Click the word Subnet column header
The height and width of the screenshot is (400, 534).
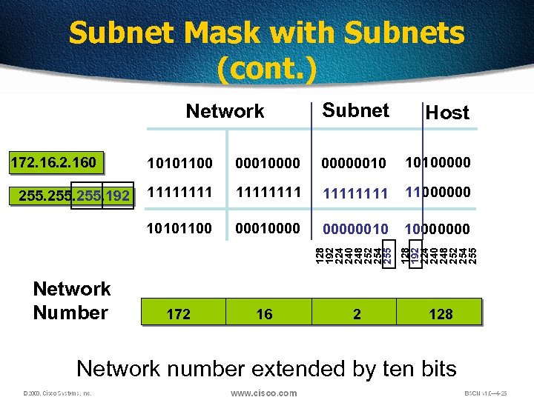[x=356, y=110]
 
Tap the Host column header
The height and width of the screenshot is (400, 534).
[x=447, y=113]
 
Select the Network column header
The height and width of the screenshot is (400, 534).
[x=225, y=111]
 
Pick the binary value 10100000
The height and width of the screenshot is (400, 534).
[x=438, y=161]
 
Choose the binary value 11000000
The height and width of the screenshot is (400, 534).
[x=438, y=193]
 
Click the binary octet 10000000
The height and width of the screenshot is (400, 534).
[x=438, y=228]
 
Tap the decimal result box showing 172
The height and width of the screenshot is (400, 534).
[x=179, y=314]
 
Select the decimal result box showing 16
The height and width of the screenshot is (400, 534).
[x=264, y=314]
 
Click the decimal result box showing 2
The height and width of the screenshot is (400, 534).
[x=357, y=314]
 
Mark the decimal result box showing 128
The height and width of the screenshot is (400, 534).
[x=441, y=314]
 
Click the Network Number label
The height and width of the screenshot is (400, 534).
[x=71, y=300]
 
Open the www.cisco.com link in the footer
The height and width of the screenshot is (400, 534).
[x=263, y=393]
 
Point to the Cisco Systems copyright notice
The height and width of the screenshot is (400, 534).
[x=56, y=393]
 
